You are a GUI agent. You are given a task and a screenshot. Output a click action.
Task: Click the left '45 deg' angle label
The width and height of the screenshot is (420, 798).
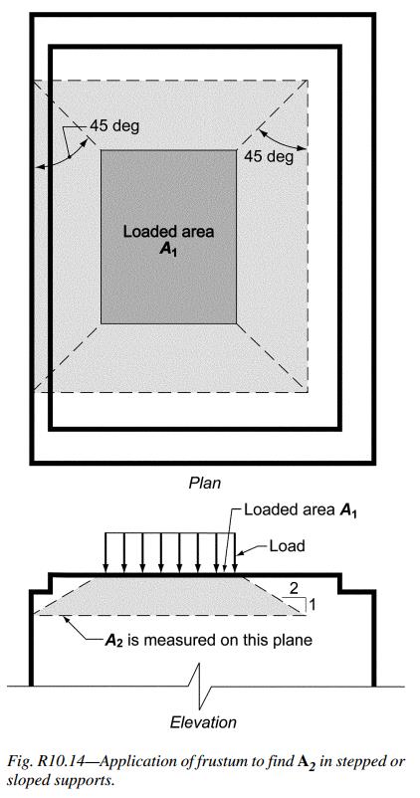pyautogui.click(x=114, y=125)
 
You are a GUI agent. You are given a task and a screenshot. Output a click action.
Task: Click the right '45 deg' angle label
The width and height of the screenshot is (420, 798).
pyautogui.click(x=269, y=156)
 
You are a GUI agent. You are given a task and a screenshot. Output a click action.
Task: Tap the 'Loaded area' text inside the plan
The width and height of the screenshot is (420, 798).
pyautogui.click(x=168, y=232)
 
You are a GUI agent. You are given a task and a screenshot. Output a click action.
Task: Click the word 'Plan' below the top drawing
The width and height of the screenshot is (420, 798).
pyautogui.click(x=205, y=483)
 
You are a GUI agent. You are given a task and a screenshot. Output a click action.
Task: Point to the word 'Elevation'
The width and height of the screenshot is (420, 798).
pyautogui.click(x=203, y=721)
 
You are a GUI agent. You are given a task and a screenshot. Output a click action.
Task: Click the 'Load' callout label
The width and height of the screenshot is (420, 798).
pyautogui.click(x=287, y=546)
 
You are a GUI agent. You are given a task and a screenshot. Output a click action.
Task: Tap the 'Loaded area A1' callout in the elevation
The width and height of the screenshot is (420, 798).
pyautogui.click(x=301, y=510)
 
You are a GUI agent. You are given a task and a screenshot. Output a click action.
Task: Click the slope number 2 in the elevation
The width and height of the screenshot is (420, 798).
pyautogui.click(x=294, y=589)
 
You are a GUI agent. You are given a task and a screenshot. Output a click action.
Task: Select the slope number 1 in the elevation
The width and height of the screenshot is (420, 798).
pyautogui.click(x=313, y=605)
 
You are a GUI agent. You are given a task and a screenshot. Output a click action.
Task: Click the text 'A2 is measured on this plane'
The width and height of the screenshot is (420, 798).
pyautogui.click(x=208, y=640)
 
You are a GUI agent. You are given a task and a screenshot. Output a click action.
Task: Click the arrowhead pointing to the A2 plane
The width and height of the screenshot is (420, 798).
pyautogui.click(x=63, y=619)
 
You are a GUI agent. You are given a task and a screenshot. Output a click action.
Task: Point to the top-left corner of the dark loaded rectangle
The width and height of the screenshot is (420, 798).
pyautogui.click(x=101, y=150)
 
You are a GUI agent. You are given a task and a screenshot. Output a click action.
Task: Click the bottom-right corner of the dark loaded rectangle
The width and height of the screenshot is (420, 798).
pyautogui.click(x=237, y=323)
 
